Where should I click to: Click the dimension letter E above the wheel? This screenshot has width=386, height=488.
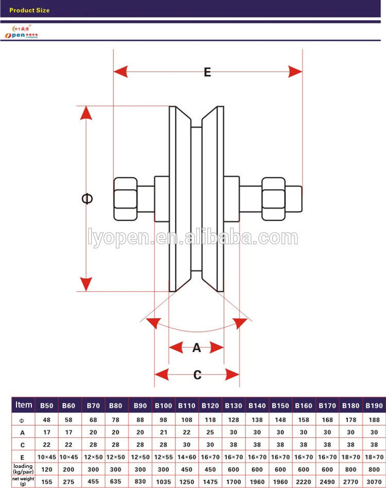pyautogui.click(x=207, y=72)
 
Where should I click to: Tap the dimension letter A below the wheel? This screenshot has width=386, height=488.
pyautogui.click(x=197, y=348)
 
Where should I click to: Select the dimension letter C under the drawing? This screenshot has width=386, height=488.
pyautogui.click(x=197, y=375)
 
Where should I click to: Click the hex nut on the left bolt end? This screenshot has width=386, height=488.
pyautogui.click(x=125, y=199)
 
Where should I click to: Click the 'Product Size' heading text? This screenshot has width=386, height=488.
pyautogui.click(x=29, y=10)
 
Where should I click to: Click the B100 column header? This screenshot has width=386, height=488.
pyautogui.click(x=164, y=406)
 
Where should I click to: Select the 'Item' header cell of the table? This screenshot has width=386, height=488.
pyautogui.click(x=24, y=405)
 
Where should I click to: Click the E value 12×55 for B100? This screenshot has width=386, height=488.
pyautogui.click(x=164, y=457)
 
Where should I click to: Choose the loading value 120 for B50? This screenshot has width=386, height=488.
pyautogui.click(x=47, y=469)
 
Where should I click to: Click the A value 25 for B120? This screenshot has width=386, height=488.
pyautogui.click(x=210, y=432)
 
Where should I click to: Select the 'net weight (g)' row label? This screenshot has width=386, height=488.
pyautogui.click(x=23, y=481)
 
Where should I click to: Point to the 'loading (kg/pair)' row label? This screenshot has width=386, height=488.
pyautogui.click(x=23, y=469)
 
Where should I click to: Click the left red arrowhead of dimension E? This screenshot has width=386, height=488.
pyautogui.click(x=120, y=72)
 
